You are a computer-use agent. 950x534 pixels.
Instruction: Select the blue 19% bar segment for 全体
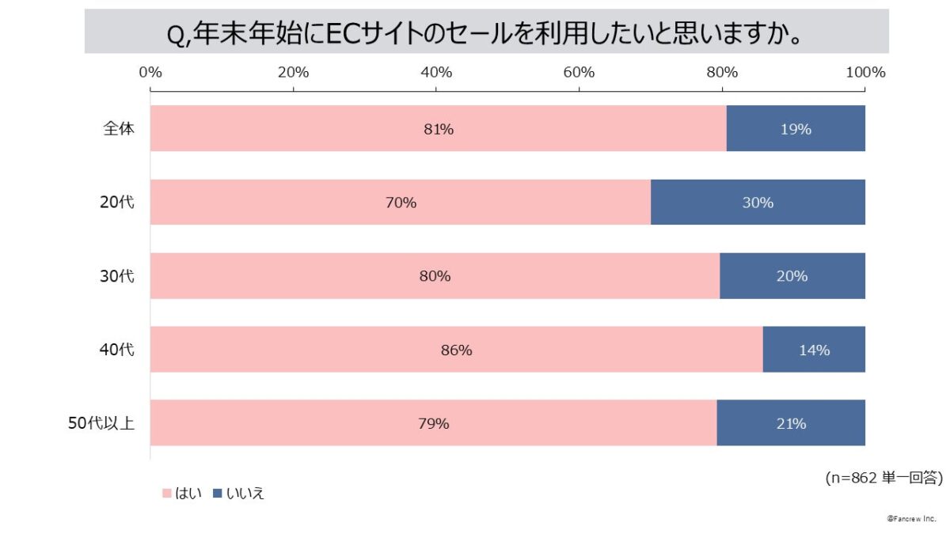[796, 128]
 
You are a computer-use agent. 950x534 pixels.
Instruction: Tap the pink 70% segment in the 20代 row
[317, 202]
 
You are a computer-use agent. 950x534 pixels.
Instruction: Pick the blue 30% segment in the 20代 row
[758, 202]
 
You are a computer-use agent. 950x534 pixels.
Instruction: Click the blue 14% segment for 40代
[814, 349]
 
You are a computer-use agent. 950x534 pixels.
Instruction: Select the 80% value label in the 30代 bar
[435, 276]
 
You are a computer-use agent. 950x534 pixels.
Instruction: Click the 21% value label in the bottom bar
[791, 423]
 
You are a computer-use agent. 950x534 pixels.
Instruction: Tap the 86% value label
[456, 350]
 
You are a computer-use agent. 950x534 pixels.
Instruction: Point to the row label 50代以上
[101, 423]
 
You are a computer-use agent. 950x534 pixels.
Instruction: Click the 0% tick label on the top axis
[150, 72]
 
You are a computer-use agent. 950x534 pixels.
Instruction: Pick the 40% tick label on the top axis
[436, 72]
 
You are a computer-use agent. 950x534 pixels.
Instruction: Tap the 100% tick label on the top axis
[864, 72]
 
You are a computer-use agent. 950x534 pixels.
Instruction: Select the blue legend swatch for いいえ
[218, 493]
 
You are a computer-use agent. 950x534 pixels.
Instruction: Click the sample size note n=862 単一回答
[883, 477]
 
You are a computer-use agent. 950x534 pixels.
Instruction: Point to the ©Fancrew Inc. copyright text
[911, 518]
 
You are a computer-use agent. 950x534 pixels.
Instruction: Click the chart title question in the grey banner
[486, 32]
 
